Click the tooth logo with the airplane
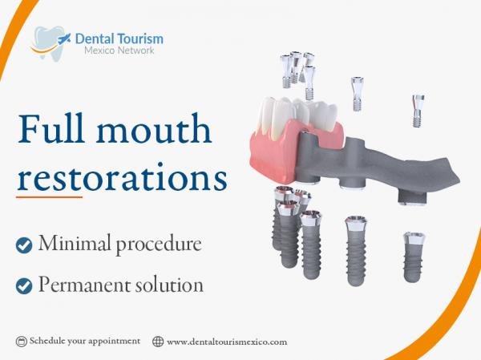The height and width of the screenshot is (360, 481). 51,43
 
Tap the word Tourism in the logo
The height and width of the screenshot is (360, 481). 141,39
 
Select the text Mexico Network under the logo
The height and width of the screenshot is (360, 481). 119,51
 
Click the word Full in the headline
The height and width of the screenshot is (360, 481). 51,128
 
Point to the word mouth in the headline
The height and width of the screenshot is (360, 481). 154,128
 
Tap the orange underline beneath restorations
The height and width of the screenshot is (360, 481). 49,197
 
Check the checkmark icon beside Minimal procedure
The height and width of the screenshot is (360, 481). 24,245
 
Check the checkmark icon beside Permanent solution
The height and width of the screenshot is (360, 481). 24,286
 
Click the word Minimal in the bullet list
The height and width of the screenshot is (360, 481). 75,243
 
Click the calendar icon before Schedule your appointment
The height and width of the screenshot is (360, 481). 21,342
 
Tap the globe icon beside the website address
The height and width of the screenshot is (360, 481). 158,342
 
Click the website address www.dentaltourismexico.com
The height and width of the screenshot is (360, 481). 227,342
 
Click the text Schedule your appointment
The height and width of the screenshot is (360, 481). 85,342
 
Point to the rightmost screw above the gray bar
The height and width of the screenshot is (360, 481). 418,111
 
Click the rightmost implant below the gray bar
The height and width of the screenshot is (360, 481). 414,257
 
